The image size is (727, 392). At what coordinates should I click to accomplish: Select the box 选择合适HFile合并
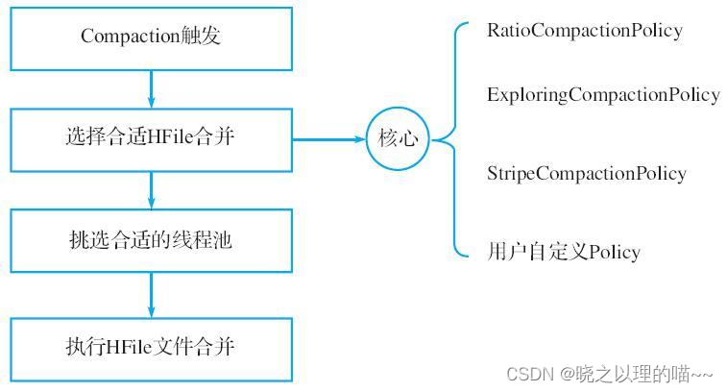151,137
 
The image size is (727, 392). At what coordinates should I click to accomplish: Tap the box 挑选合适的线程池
151,240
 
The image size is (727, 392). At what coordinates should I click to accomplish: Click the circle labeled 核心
398,138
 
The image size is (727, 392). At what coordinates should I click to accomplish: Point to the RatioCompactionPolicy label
584,30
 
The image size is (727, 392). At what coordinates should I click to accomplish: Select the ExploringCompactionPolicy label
603,94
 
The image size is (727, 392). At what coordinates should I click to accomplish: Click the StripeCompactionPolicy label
586,173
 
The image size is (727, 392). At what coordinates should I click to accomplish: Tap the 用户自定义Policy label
563,252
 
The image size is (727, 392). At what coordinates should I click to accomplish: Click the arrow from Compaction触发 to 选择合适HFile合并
151,86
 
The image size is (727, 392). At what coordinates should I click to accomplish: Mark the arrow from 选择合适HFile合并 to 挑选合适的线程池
151,188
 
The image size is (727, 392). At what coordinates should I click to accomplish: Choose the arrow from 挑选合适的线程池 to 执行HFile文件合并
151,292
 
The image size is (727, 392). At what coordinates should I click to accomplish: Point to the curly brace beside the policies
451,139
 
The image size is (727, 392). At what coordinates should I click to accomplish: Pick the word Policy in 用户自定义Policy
614,252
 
